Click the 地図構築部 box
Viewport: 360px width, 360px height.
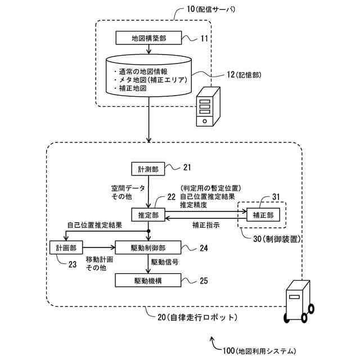coord(148,38)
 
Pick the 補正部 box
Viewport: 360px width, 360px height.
coord(263,214)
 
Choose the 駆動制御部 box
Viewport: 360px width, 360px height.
coord(147,247)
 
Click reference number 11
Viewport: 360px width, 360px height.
coord(204,38)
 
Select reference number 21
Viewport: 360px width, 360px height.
coord(187,167)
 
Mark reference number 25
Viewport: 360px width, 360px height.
coord(204,280)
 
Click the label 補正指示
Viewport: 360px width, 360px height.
coord(205,224)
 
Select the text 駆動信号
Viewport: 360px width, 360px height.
coord(164,262)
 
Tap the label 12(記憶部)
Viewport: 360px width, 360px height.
coord(241,74)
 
